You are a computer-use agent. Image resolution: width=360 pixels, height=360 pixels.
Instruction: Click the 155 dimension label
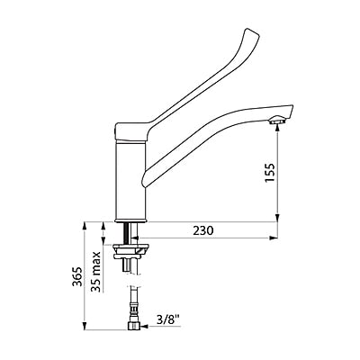[x=270, y=173]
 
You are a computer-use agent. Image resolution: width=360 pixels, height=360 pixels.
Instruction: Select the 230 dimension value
[x=203, y=230]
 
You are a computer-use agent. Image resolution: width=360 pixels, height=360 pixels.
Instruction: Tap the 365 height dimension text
[x=76, y=276]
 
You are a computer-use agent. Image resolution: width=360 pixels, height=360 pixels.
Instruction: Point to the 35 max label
[x=95, y=272]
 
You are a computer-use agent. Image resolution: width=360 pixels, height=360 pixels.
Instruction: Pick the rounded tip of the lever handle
[x=250, y=31]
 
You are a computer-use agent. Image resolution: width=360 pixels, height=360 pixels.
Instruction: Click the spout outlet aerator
[x=275, y=121]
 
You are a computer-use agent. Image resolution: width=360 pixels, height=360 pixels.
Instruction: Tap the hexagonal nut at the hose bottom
[x=134, y=326]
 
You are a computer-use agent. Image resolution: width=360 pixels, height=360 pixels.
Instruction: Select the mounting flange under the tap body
[x=130, y=251]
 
